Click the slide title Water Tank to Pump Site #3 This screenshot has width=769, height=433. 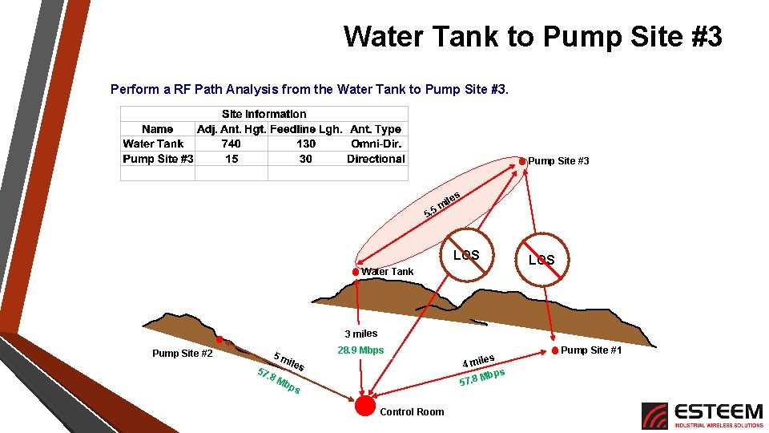pos(533,37)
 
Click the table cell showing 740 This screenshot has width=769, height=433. pos(231,144)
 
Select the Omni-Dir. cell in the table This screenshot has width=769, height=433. pos(376,144)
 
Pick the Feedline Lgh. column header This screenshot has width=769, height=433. pos(307,129)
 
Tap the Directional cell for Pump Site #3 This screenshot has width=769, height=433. pos(376,159)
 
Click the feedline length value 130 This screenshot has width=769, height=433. pos(306,144)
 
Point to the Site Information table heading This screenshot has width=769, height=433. pos(264,114)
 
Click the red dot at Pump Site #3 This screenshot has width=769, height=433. pos(522,161)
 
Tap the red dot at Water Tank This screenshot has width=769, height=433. pos(356,272)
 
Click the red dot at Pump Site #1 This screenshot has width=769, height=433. pos(554,350)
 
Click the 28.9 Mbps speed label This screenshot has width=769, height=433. pos(360,350)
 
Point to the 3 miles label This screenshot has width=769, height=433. pos(360,334)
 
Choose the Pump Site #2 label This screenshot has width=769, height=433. pos(182,354)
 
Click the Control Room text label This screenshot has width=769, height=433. pos(412,412)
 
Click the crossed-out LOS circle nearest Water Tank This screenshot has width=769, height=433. pos(465,256)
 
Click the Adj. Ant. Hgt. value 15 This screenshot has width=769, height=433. pos(231,159)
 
